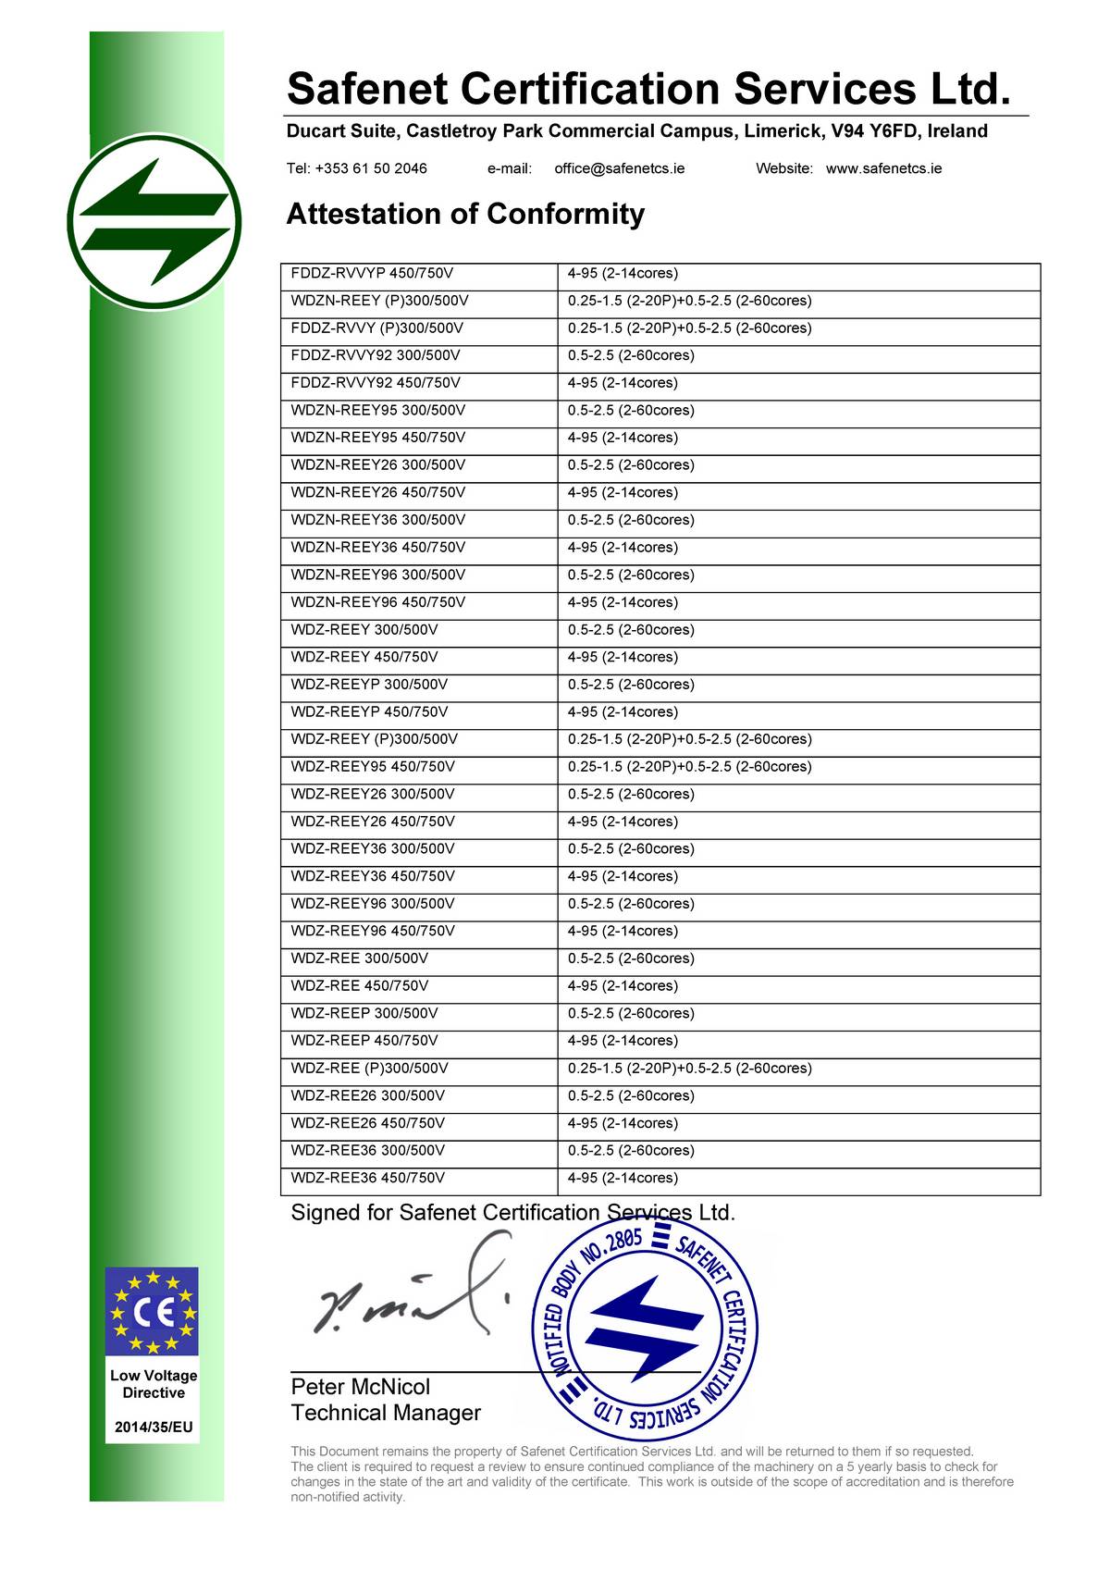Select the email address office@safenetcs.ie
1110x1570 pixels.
tap(619, 168)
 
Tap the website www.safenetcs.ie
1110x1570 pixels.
tap(883, 168)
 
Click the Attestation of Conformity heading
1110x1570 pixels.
tap(465, 214)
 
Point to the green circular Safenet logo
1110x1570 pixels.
tap(154, 223)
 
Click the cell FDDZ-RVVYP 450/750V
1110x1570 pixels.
tap(372, 273)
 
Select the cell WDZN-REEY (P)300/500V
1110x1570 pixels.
tap(379, 301)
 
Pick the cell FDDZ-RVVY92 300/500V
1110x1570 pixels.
tap(375, 355)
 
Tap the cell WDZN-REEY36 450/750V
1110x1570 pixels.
tap(377, 547)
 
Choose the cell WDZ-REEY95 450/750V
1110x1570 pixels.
tap(372, 767)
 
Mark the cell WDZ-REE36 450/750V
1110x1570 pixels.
tap(367, 1178)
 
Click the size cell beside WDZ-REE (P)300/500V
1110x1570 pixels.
tap(689, 1069)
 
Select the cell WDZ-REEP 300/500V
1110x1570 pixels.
tap(364, 1013)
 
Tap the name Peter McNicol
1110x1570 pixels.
tap(360, 1387)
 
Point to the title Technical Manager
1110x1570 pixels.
tap(386, 1413)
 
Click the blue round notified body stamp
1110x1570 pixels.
tap(645, 1325)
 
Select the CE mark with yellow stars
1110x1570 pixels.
tap(153, 1312)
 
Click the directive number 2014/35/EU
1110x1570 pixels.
tap(154, 1427)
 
